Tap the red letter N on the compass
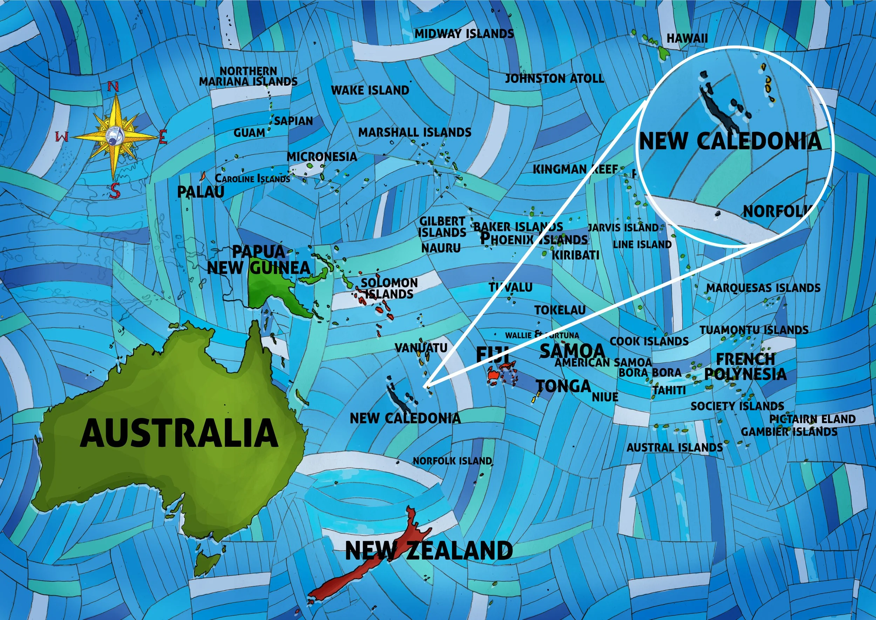pos(113,87)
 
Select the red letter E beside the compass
pos(163,136)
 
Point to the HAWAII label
pos(687,39)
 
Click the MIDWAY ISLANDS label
pos(464,34)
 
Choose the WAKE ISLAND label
pos(370,90)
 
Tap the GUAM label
pos(249,133)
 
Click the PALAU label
pos(201,192)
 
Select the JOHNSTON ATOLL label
pos(554,79)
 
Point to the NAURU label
pos(441,248)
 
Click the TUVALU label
pos(511,287)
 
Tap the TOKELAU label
pos(560,310)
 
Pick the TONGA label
pos(563,386)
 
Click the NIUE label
pos(605,397)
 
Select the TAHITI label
pos(669,390)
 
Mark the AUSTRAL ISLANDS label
pos(675,447)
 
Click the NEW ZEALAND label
pos(429,551)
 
